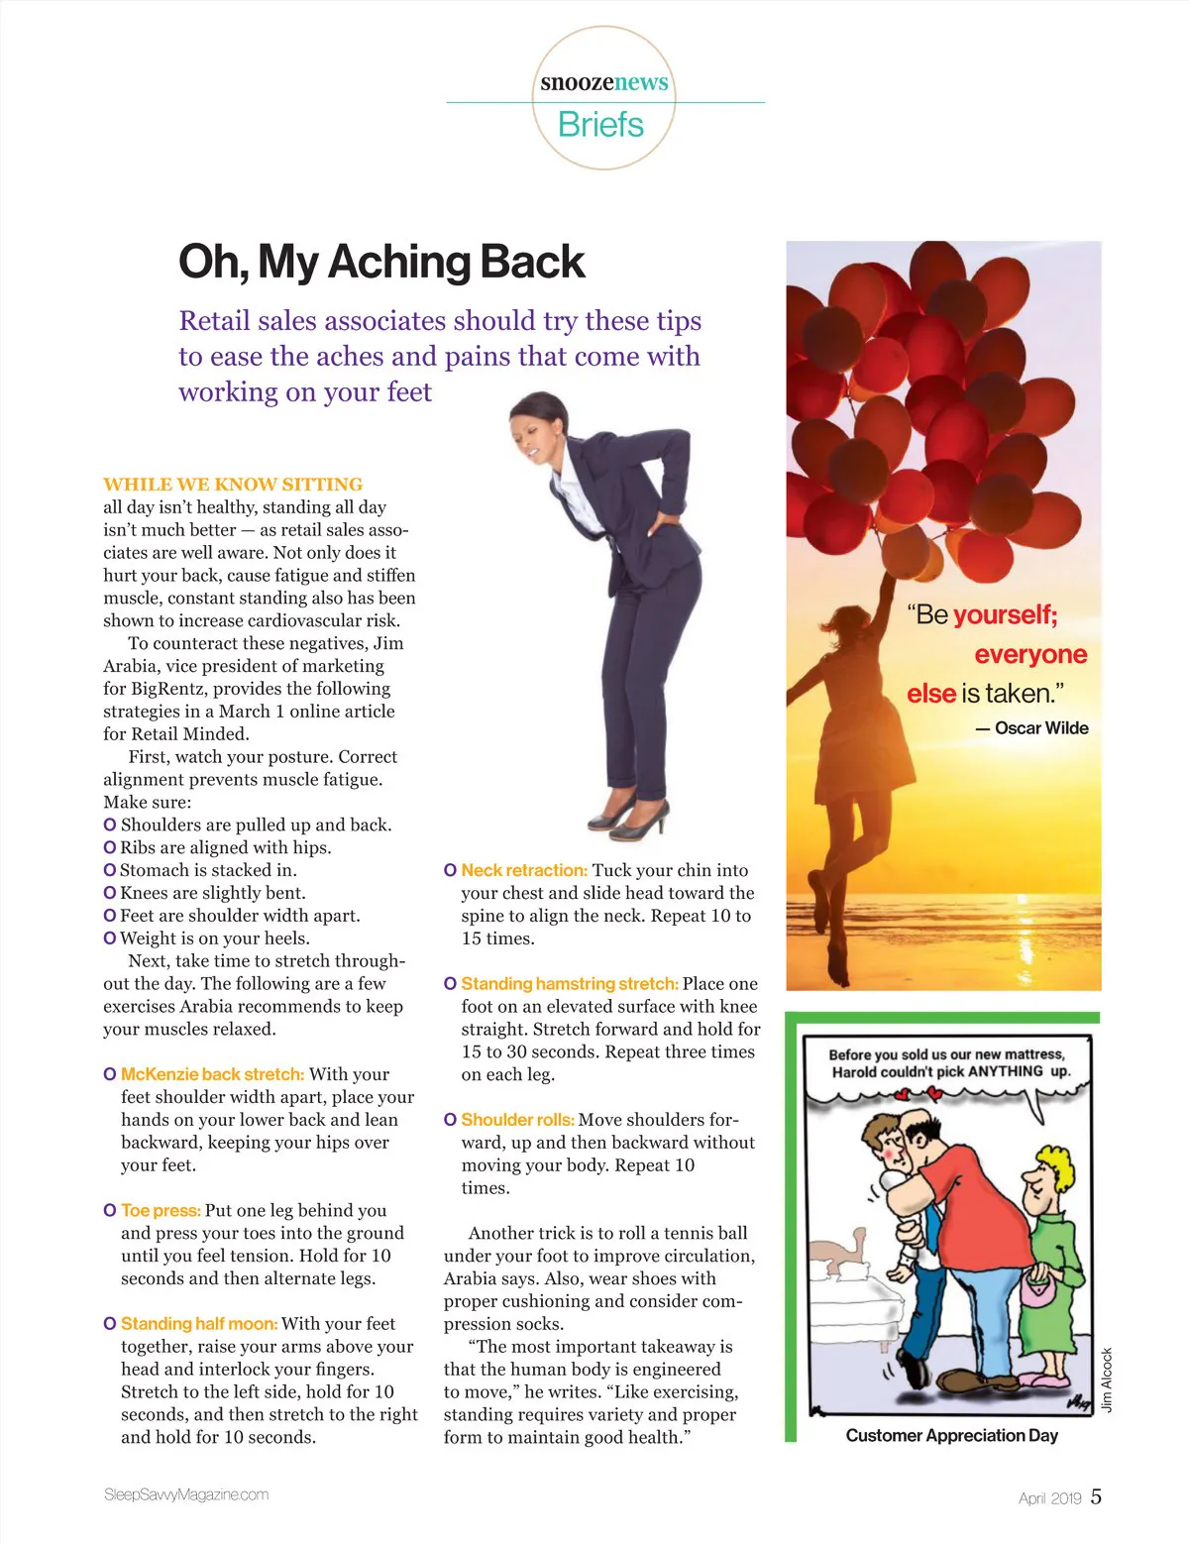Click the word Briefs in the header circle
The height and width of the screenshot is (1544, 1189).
tap(600, 125)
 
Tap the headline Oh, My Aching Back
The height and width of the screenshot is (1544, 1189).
tap(381, 263)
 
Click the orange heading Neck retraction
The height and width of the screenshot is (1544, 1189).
tap(524, 870)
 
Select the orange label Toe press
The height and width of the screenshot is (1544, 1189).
tap(161, 1210)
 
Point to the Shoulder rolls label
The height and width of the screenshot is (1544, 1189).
tap(517, 1120)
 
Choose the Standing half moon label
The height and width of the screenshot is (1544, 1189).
tap(199, 1324)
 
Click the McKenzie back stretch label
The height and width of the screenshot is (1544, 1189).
tap(212, 1074)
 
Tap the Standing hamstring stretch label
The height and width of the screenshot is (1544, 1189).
tap(570, 984)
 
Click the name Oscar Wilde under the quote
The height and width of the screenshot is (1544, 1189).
tap(1040, 728)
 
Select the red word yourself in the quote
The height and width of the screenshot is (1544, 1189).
tap(1005, 615)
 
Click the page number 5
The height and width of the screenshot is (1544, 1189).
tap(1096, 1496)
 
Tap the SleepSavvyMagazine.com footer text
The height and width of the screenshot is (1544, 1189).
tap(186, 1495)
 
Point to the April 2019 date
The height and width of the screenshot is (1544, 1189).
tap(1049, 1498)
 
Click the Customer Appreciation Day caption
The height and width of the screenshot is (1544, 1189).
tap(951, 1436)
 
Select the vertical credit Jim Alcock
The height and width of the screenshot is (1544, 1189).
tap(1108, 1379)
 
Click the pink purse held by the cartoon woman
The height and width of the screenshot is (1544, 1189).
tap(1036, 1290)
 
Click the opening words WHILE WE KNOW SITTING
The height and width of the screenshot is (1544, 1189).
tap(233, 485)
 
